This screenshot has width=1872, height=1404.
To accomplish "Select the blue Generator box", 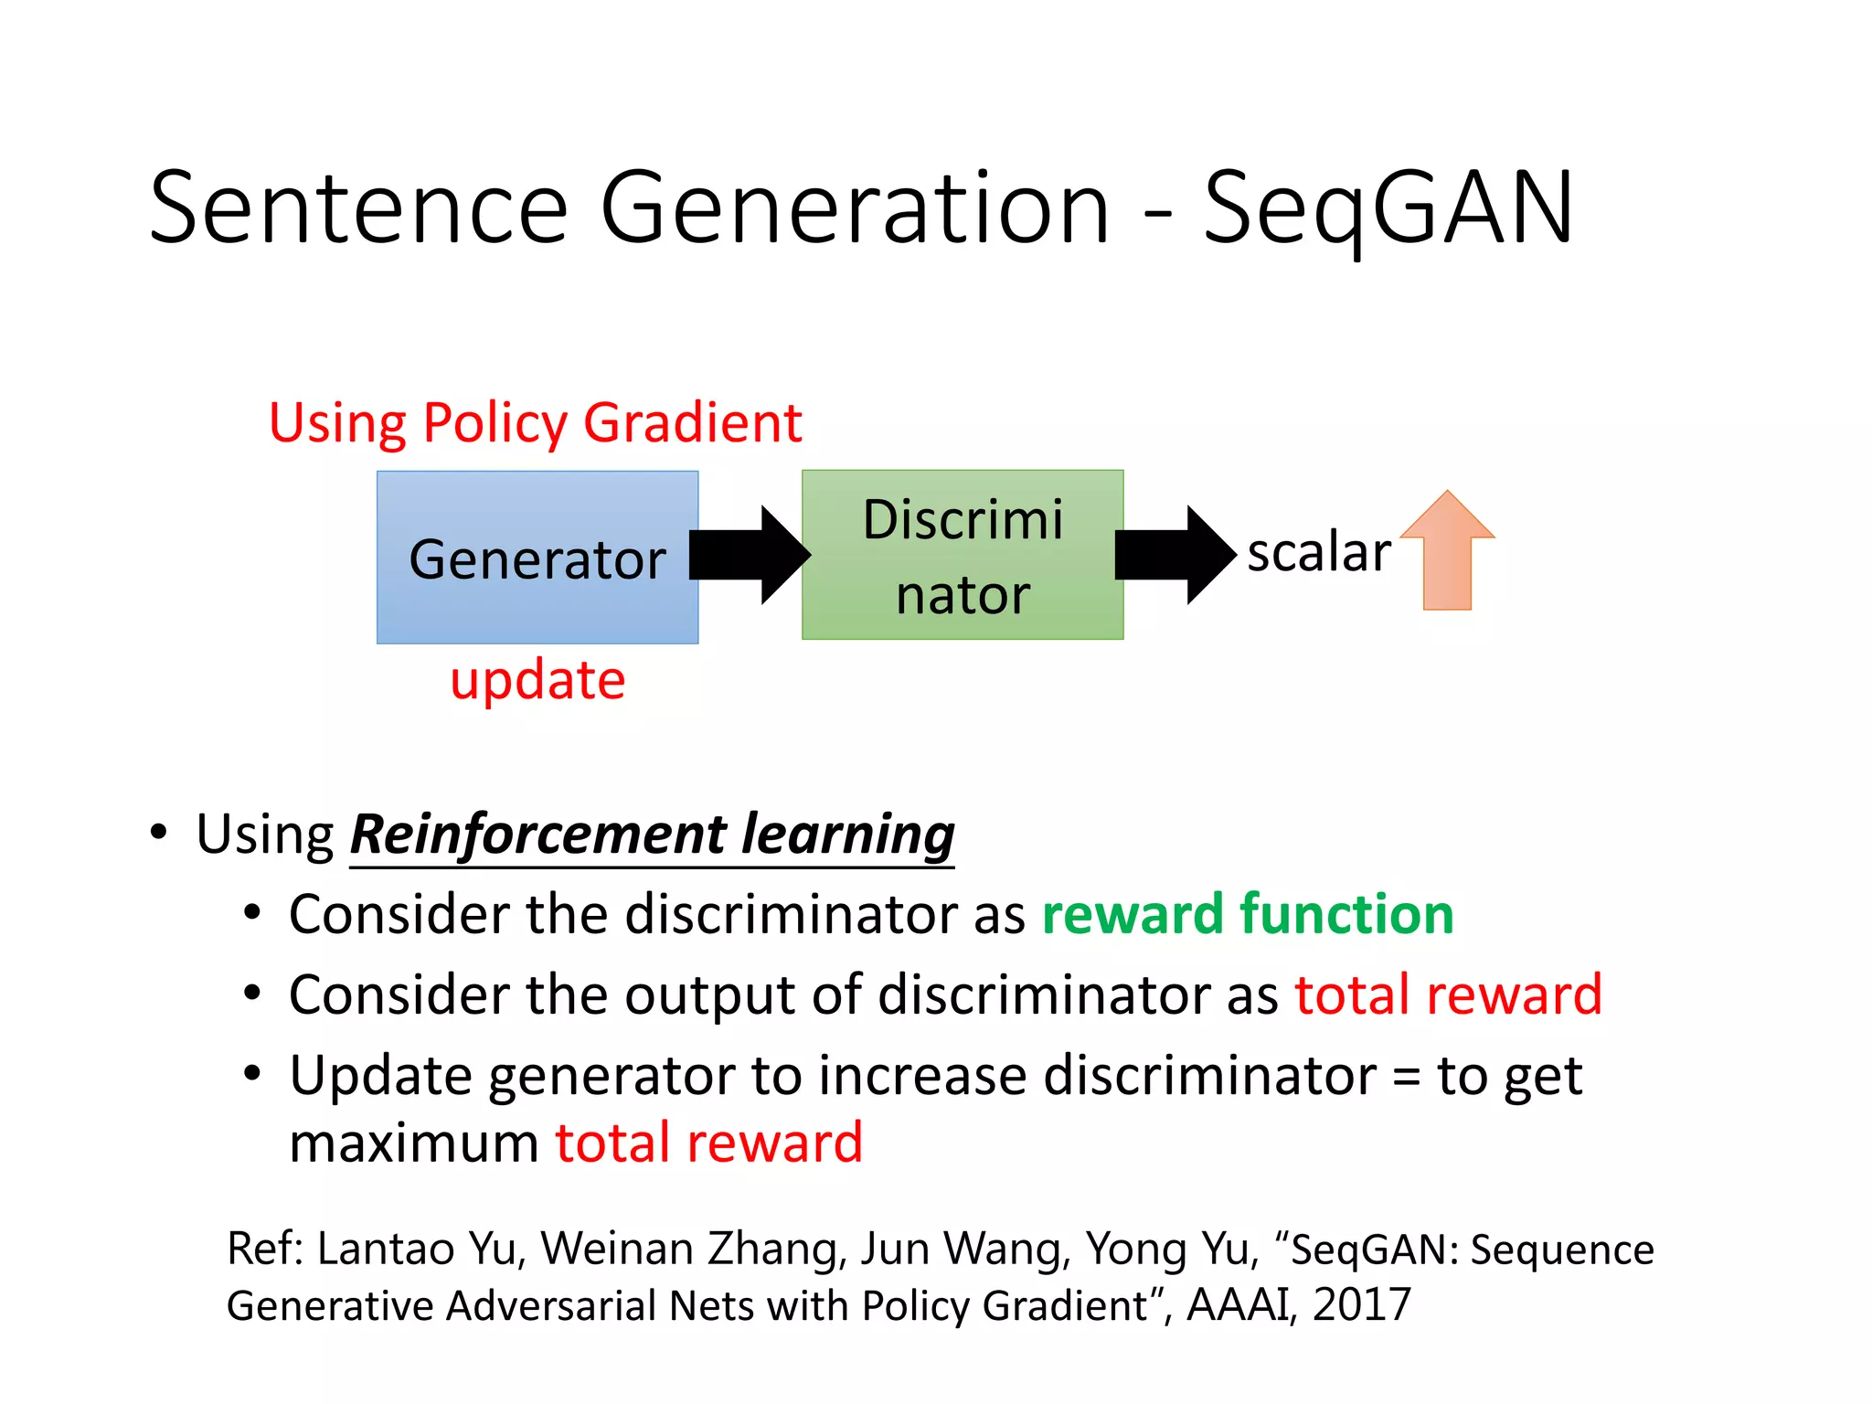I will tap(537, 558).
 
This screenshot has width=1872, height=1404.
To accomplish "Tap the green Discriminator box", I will tap(962, 555).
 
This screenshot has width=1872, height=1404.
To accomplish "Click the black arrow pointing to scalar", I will tap(1175, 555).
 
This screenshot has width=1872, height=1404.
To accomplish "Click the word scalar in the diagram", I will tap(1318, 552).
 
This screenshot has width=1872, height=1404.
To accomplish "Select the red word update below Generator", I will tap(537, 680).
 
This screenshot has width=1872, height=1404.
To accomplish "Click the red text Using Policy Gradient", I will tap(535, 423).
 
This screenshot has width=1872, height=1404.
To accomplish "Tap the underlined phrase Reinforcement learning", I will tap(652, 835).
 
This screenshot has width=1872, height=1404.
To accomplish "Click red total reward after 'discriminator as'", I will tap(1448, 994).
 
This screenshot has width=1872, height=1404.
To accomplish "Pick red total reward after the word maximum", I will tap(708, 1143).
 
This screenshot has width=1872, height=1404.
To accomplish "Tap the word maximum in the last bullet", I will tap(414, 1144).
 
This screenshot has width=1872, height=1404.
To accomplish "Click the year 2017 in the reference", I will tap(1361, 1304).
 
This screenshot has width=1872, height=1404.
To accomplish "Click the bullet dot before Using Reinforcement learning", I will tap(159, 833).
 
